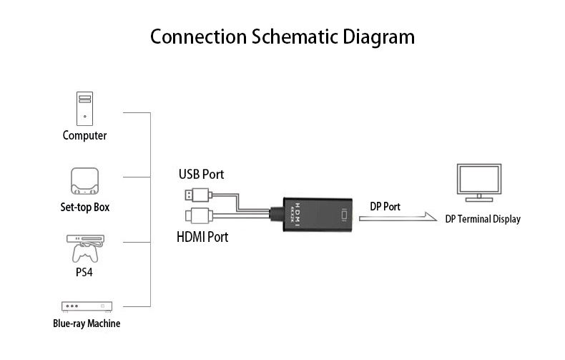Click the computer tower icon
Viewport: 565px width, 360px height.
(x=84, y=109)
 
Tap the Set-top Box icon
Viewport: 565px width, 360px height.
(x=84, y=181)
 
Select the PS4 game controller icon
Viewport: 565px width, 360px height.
(x=85, y=252)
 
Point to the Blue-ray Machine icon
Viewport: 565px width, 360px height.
(x=87, y=306)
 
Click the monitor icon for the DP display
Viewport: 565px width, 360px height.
(x=479, y=183)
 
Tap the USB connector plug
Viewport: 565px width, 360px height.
(x=198, y=195)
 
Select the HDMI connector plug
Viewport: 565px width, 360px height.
(x=199, y=216)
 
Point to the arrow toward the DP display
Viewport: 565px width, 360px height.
(x=398, y=217)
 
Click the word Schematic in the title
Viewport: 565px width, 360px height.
(x=295, y=37)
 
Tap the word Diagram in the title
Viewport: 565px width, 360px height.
(x=379, y=37)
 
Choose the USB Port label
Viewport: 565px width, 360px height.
(x=202, y=174)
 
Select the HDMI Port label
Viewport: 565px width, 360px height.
(x=202, y=237)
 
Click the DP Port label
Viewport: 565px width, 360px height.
(x=385, y=207)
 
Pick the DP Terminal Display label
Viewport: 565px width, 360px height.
(x=483, y=219)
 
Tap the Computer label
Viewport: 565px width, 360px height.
(x=84, y=136)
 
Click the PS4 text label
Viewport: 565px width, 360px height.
(x=84, y=272)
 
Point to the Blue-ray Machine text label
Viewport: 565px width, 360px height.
(x=87, y=323)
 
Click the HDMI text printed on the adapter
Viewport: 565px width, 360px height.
(x=298, y=215)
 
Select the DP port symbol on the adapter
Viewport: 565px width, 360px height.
(x=344, y=215)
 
